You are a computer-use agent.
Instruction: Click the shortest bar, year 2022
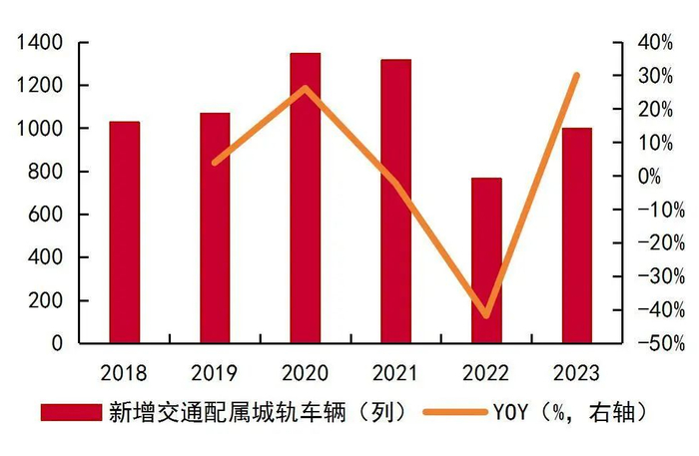click(486, 260)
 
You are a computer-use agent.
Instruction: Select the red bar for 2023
click(576, 235)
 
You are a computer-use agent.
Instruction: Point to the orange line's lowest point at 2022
click(486, 315)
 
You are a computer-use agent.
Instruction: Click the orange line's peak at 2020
click(306, 88)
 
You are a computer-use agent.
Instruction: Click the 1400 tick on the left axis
click(39, 43)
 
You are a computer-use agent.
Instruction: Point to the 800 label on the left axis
click(45, 172)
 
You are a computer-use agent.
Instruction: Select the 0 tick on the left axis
click(58, 343)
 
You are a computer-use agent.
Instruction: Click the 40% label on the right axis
click(662, 43)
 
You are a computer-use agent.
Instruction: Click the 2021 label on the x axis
click(395, 374)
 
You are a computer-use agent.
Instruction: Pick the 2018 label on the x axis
click(125, 374)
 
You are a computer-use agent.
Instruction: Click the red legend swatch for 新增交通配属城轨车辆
click(71, 412)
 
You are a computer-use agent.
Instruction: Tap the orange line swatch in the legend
click(455, 412)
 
